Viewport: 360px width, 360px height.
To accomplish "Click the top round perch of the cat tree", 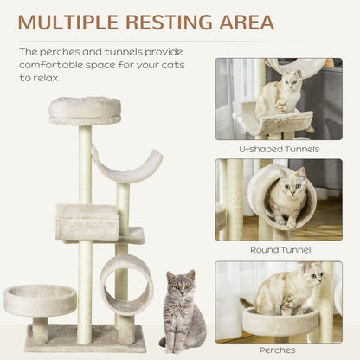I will [x=85, y=110].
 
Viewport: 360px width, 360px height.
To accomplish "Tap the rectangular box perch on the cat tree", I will [x=87, y=222].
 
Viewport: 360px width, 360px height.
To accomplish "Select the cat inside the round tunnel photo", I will [x=289, y=196].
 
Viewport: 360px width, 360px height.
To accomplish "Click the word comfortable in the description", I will [x=59, y=64].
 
